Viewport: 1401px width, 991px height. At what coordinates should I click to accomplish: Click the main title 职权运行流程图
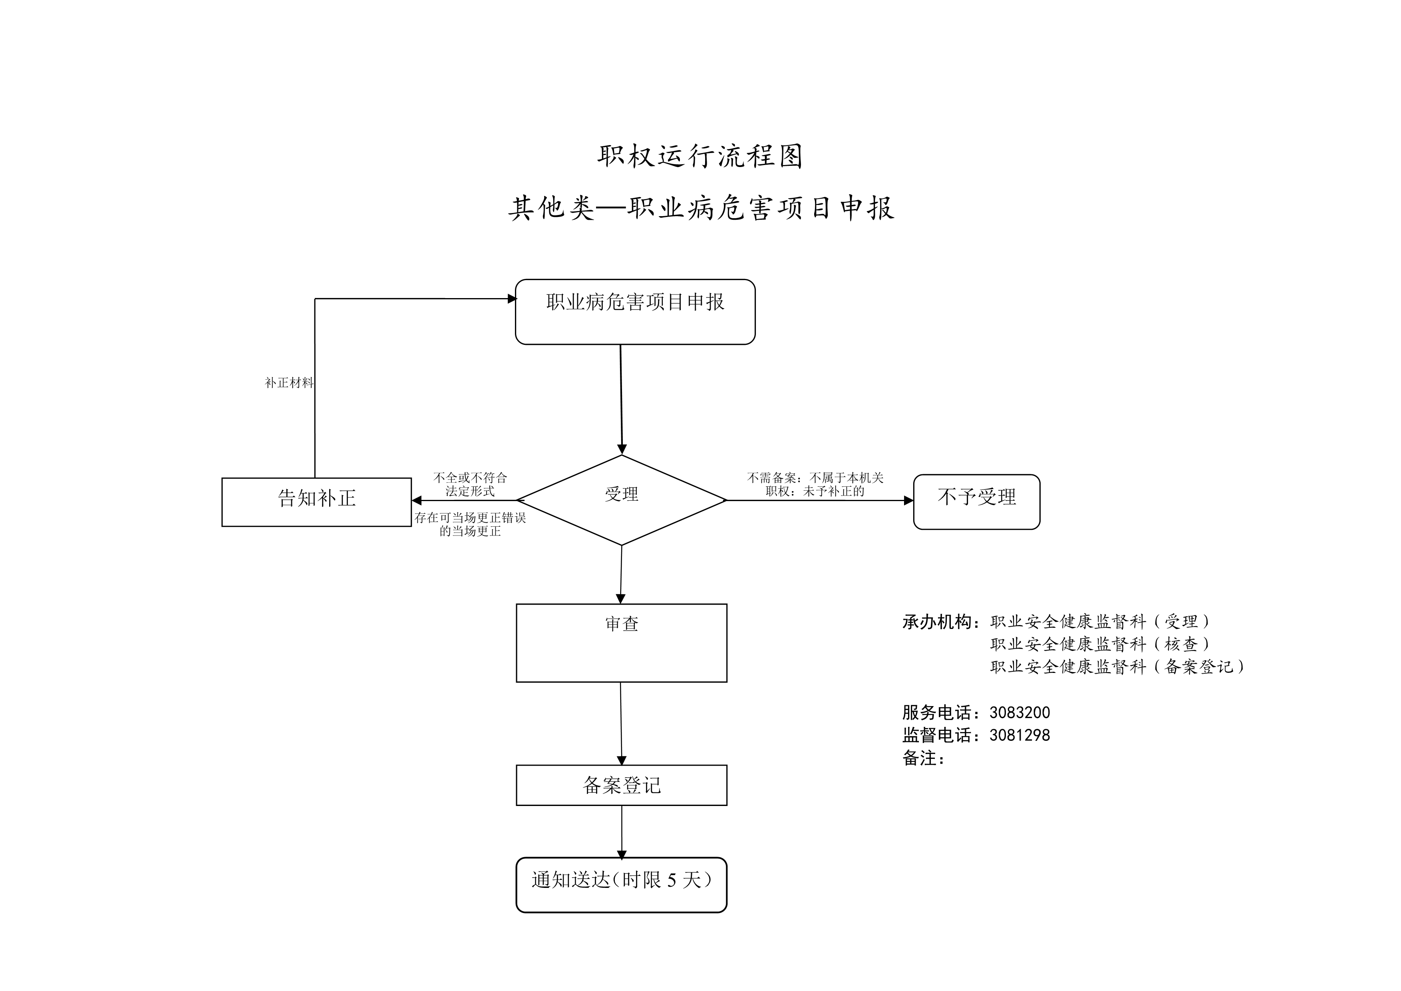pyautogui.click(x=700, y=156)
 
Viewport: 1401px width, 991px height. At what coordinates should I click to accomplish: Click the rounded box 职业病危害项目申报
pyautogui.click(x=635, y=312)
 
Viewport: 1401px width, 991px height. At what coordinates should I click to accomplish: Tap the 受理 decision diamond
pyautogui.click(x=622, y=500)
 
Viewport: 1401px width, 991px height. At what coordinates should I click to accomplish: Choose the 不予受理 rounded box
pyautogui.click(x=976, y=501)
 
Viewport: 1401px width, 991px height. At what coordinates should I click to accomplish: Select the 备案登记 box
pyautogui.click(x=622, y=785)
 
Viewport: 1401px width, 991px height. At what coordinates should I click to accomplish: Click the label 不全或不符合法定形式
pyautogui.click(x=470, y=484)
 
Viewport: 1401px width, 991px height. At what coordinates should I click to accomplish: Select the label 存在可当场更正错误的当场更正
pyautogui.click(x=470, y=524)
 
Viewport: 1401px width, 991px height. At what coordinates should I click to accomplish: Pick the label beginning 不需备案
pyautogui.click(x=815, y=484)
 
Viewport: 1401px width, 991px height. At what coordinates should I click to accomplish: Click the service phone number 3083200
pyautogui.click(x=1019, y=712)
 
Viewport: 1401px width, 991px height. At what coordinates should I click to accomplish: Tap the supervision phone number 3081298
pyautogui.click(x=1019, y=735)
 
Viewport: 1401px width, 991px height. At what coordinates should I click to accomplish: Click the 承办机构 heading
pyautogui.click(x=941, y=622)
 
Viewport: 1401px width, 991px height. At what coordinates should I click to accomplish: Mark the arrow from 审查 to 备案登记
pyautogui.click(x=621, y=724)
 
